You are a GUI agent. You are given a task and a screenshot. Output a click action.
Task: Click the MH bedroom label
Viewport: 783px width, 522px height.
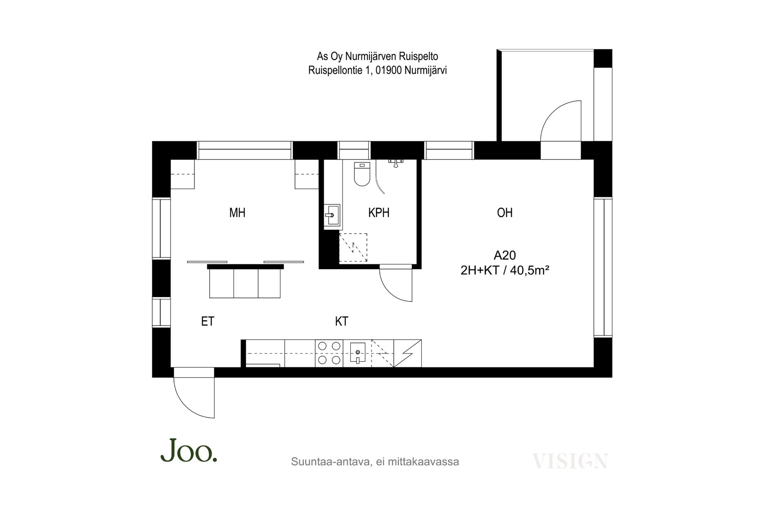pyautogui.click(x=237, y=212)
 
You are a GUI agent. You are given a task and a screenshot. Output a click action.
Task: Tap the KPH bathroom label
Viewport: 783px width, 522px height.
pyautogui.click(x=378, y=212)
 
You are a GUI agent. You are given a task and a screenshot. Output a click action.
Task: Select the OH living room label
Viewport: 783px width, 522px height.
pyautogui.click(x=504, y=212)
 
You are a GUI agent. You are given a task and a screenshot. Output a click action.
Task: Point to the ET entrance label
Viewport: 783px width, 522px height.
pyautogui.click(x=208, y=321)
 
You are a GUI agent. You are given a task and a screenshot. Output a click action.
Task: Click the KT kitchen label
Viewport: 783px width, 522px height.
pyautogui.click(x=342, y=321)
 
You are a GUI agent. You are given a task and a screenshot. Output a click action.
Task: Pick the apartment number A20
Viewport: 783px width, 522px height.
pyautogui.click(x=504, y=255)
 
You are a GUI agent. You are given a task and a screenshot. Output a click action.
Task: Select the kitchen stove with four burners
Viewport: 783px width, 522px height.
pyautogui.click(x=329, y=353)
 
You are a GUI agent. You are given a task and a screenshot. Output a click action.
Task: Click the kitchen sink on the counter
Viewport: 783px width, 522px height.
pyautogui.click(x=357, y=354)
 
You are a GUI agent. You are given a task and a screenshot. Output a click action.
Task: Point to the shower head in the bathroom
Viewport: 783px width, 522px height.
pyautogui.click(x=396, y=162)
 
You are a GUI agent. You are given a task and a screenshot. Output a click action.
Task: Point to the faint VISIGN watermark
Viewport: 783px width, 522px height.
pyautogui.click(x=570, y=461)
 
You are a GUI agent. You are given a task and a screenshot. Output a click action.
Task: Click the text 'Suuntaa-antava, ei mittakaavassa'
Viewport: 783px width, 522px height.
pyautogui.click(x=375, y=462)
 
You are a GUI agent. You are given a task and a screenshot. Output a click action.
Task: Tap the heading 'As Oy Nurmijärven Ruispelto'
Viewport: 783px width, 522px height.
pyautogui.click(x=378, y=56)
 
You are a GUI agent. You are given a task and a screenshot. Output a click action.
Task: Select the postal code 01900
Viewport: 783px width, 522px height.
pyautogui.click(x=389, y=71)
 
